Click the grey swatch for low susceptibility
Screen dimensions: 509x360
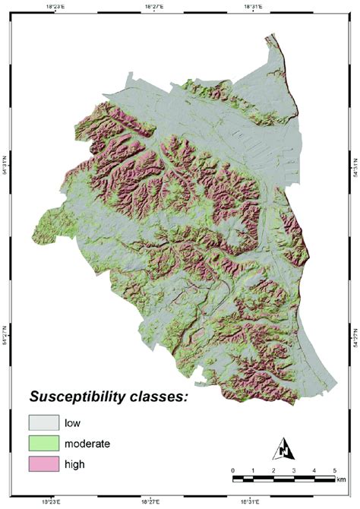pos(43,422)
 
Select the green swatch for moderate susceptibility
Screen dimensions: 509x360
pos(43,443)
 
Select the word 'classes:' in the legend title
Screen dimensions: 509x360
pos(162,397)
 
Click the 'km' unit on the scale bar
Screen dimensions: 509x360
pos(340,479)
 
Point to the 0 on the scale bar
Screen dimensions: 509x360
pos(233,470)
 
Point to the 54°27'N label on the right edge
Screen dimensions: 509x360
pos(355,334)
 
